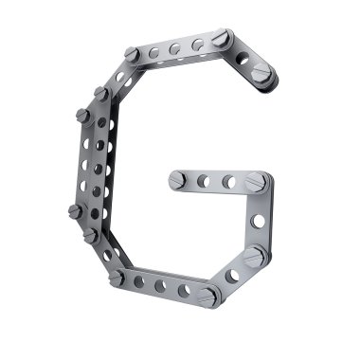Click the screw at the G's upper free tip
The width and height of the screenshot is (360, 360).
(x=261, y=73)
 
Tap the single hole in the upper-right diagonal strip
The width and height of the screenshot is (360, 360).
(x=243, y=58)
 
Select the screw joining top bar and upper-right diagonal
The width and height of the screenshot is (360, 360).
(x=221, y=38)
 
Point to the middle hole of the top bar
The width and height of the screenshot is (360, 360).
(x=174, y=49)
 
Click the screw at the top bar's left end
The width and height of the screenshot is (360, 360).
(x=132, y=54)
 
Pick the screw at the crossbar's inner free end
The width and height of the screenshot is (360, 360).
(x=177, y=180)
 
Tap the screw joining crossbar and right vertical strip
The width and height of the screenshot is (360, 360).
(x=256, y=182)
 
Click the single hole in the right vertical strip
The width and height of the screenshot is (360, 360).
(x=258, y=221)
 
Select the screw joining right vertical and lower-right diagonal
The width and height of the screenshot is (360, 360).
(x=254, y=257)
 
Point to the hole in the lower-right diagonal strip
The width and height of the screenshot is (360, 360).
(x=232, y=276)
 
